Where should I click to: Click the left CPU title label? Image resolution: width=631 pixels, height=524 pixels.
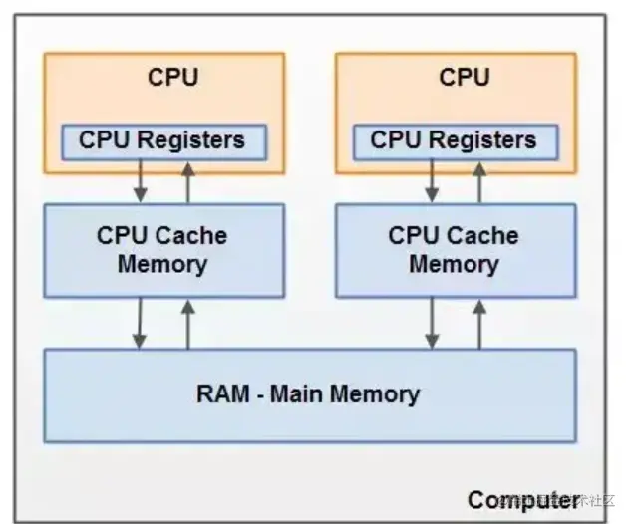172,78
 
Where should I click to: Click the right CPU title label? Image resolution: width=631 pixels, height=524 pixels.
465,78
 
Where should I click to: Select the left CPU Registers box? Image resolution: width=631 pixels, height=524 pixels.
163,141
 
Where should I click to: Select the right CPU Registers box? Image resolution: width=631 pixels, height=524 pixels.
456,141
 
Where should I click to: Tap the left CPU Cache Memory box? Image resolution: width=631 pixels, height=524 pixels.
162,250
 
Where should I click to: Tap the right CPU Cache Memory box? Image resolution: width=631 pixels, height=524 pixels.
455,250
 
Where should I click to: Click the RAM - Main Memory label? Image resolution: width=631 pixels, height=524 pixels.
308,393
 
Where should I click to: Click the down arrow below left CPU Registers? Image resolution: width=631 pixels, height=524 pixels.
141,180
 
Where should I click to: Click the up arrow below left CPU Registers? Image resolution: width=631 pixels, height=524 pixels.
187,180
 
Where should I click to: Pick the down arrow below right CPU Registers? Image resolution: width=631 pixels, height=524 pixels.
433,180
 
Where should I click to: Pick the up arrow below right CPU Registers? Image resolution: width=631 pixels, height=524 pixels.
479,180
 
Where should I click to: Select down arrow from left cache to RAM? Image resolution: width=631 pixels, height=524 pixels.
141,323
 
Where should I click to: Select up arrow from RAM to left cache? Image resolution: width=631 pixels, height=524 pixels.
187,323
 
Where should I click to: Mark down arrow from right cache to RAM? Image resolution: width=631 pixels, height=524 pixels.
433,323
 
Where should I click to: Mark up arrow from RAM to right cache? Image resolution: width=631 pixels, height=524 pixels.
479,323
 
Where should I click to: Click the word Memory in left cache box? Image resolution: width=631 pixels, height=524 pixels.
162,265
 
